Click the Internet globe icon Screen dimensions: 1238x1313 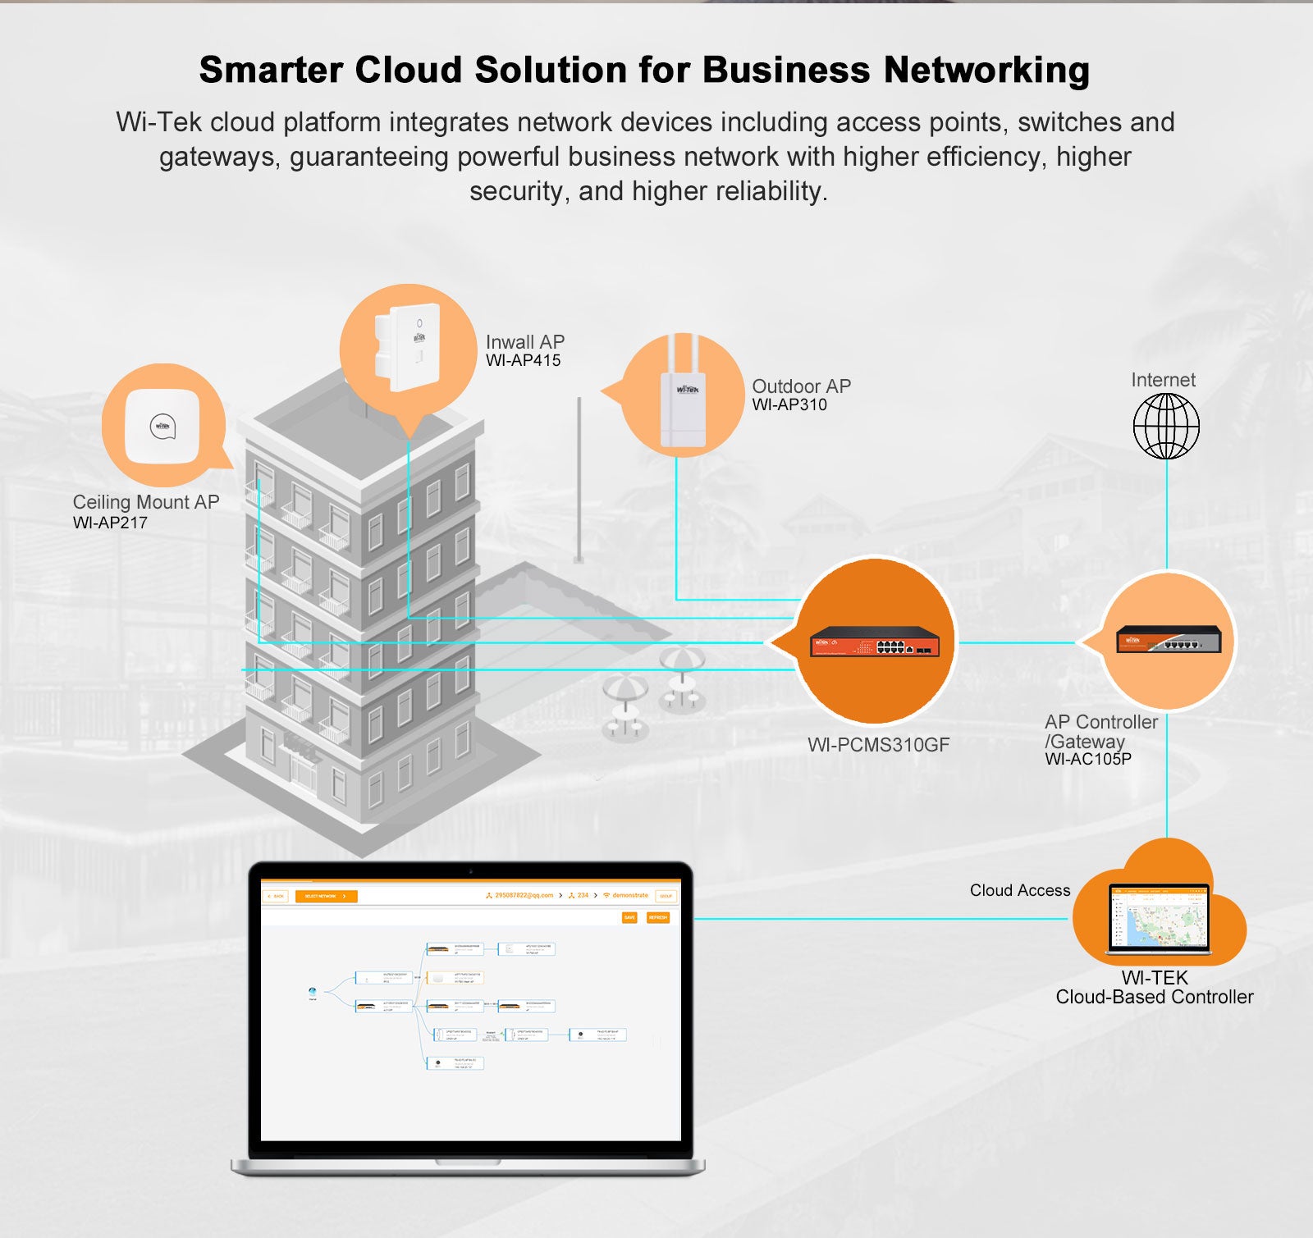click(1165, 426)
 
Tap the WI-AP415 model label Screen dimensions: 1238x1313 click(523, 361)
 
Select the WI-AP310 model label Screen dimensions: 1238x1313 click(789, 404)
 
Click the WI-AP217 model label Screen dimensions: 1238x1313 click(110, 523)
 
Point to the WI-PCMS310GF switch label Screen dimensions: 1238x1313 click(878, 745)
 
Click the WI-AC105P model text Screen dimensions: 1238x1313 click(1087, 760)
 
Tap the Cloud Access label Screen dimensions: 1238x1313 click(1019, 890)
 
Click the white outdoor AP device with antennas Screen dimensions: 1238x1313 click(683, 394)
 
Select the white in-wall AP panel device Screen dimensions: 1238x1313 click(408, 349)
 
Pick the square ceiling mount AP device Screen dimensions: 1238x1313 click(162, 427)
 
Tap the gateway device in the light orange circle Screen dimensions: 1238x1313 click(1168, 638)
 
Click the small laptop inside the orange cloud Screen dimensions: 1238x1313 click(1158, 920)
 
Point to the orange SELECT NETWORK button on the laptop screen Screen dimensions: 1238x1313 click(326, 896)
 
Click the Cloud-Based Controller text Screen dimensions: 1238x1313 click(1154, 997)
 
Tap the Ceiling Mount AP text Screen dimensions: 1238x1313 click(145, 502)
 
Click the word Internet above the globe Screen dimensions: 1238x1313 click(1163, 380)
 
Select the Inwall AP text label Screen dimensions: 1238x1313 click(524, 341)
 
